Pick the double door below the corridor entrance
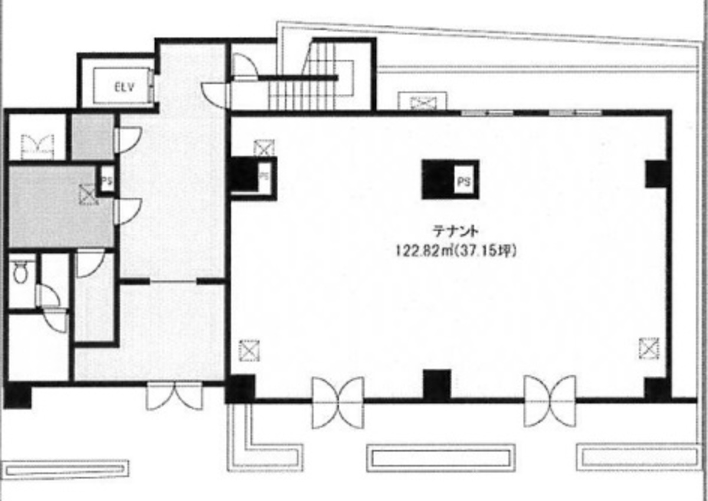tap(175, 396)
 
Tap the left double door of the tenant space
tap(337, 401)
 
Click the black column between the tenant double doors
tap(437, 384)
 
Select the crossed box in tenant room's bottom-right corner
tap(648, 348)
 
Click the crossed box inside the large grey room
tap(88, 195)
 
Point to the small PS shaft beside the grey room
tap(107, 179)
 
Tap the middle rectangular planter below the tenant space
tap(440, 458)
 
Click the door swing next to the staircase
tap(245, 66)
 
